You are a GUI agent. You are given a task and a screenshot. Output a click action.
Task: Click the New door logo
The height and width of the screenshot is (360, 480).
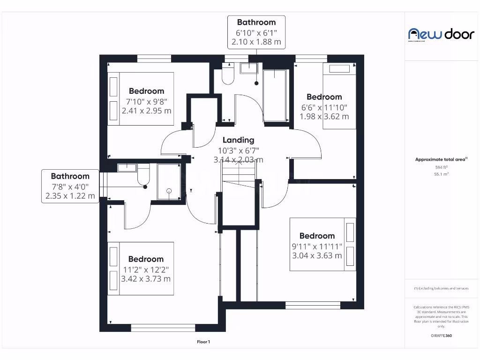tap(441, 34)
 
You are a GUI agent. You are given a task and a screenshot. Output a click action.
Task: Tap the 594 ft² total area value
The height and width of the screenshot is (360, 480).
tap(441, 167)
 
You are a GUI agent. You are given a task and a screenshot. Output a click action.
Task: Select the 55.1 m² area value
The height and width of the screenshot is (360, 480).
tap(441, 174)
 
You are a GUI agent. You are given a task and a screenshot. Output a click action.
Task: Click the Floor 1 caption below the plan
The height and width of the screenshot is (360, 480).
tap(203, 342)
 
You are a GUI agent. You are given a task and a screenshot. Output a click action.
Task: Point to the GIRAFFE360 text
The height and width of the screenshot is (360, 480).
tap(441, 336)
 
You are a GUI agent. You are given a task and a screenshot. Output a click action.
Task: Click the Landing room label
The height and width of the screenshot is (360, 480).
tap(238, 140)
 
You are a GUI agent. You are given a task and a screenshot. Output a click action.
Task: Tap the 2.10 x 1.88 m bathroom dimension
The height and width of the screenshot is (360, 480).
tap(256, 42)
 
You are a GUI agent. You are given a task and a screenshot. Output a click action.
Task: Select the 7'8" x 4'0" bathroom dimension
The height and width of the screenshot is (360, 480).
tap(70, 186)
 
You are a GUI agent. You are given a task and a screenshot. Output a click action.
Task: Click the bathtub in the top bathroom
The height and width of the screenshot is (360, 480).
tap(275, 95)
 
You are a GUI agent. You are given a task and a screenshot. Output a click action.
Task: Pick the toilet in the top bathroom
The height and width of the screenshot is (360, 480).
tap(228, 75)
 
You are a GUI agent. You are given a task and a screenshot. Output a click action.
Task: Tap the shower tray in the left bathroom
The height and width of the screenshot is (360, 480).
tap(169, 182)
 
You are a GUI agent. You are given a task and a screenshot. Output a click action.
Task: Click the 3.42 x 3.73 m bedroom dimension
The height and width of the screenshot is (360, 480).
tap(146, 278)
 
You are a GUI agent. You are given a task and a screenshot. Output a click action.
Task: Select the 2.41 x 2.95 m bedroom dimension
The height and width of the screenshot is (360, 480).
tap(146, 111)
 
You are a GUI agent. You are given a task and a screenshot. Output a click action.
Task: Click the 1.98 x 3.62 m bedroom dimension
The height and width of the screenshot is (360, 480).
tap(324, 116)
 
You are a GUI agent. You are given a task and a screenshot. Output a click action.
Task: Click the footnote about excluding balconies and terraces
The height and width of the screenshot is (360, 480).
tap(441, 288)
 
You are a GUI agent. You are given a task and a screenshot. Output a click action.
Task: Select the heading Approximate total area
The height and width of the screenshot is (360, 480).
tap(441, 159)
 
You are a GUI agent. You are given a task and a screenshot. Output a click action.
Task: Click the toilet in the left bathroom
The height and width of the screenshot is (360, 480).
tap(143, 175)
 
